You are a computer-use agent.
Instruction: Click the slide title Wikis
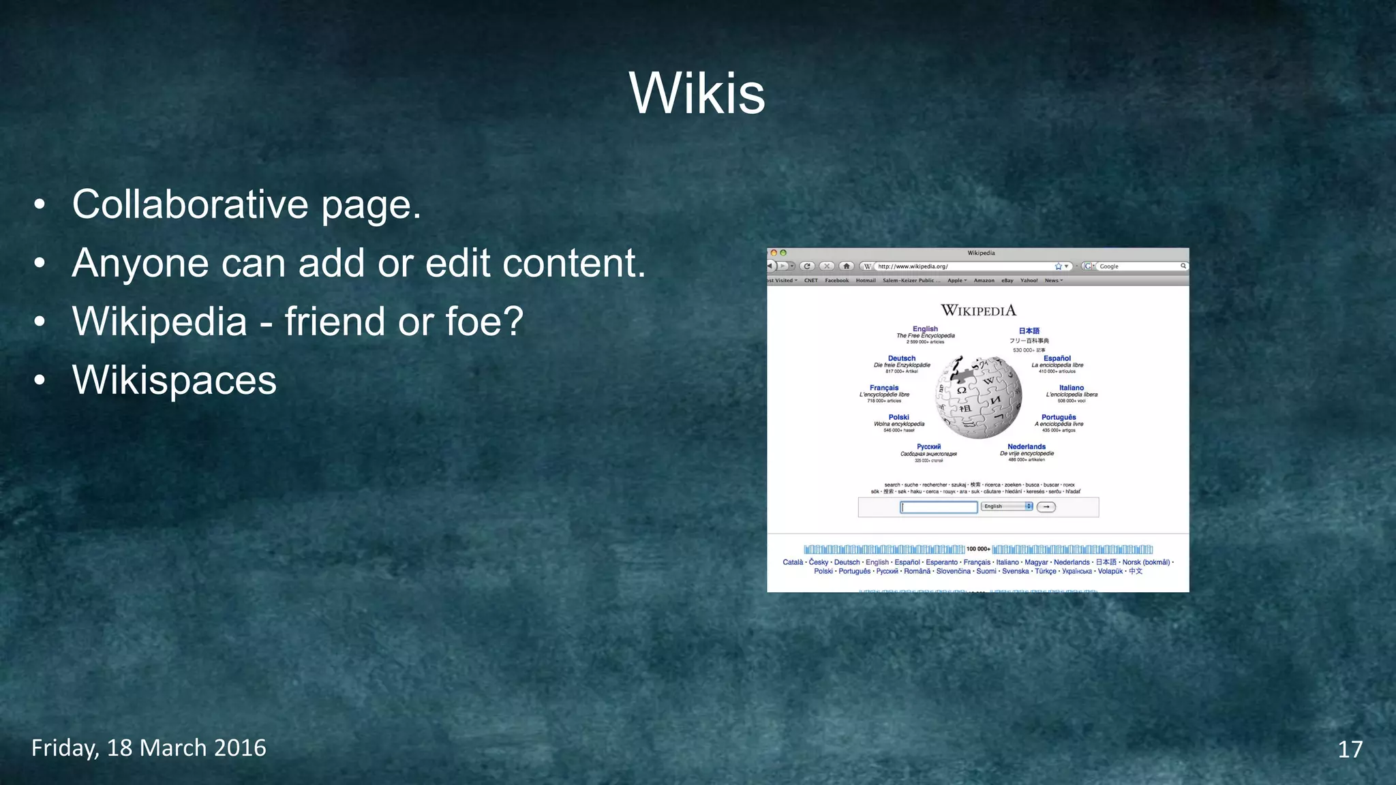pyautogui.click(x=697, y=93)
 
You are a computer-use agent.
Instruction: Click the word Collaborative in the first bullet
pyautogui.click(x=190, y=204)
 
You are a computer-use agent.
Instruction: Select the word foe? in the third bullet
pyautogui.click(x=484, y=322)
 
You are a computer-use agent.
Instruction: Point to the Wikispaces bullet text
pyautogui.click(x=174, y=380)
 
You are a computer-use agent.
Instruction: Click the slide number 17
pyautogui.click(x=1350, y=750)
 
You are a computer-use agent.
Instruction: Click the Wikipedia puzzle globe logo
pyautogui.click(x=980, y=397)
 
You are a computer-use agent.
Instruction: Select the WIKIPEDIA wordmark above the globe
pyautogui.click(x=978, y=311)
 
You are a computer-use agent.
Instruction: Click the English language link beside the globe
pyautogui.click(x=925, y=328)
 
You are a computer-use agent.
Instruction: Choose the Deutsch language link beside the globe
pyautogui.click(x=901, y=358)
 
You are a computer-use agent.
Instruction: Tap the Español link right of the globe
pyautogui.click(x=1057, y=358)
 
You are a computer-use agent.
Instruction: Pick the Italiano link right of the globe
pyautogui.click(x=1071, y=388)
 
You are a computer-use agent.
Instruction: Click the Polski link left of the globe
pyautogui.click(x=898, y=417)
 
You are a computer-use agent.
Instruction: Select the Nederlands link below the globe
pyautogui.click(x=1026, y=447)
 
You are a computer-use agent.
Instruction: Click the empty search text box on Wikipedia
pyautogui.click(x=939, y=507)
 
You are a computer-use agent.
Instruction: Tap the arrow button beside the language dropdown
pyautogui.click(x=1046, y=507)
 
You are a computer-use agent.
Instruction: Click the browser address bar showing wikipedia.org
pyautogui.click(x=961, y=266)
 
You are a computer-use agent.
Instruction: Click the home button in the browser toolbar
pyautogui.click(x=847, y=266)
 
